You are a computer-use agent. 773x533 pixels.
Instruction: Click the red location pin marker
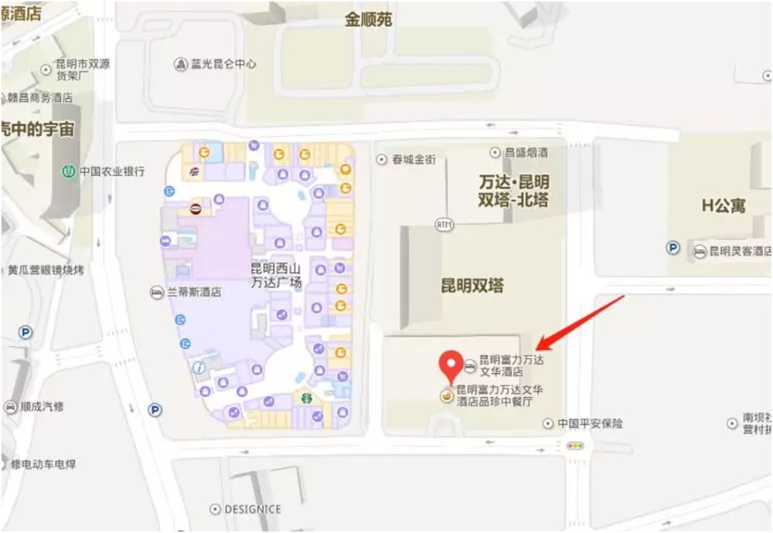tap(451, 364)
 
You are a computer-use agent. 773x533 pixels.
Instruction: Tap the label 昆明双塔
tap(472, 286)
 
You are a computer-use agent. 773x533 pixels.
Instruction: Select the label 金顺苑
tap(368, 19)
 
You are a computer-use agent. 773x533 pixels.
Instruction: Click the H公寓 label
tap(724, 205)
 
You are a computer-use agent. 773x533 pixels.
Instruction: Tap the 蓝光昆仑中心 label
tap(223, 63)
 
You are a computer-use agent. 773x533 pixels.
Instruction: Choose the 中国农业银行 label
tap(112, 171)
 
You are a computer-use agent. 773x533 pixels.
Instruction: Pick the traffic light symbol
tap(574, 446)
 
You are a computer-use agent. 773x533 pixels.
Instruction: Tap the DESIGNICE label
tap(252, 510)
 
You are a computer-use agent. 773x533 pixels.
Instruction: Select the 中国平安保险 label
tap(591, 423)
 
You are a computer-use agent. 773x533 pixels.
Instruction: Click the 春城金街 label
tap(414, 160)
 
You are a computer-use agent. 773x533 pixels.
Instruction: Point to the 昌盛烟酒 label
tap(526, 153)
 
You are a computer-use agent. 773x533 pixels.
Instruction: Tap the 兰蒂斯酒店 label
tap(194, 293)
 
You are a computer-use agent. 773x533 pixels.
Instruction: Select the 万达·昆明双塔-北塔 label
tap(514, 192)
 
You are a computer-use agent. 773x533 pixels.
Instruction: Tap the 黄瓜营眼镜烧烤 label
tap(46, 270)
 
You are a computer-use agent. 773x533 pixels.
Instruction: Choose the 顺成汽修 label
tap(43, 407)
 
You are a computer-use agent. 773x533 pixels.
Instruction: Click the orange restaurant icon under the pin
tap(446, 396)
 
